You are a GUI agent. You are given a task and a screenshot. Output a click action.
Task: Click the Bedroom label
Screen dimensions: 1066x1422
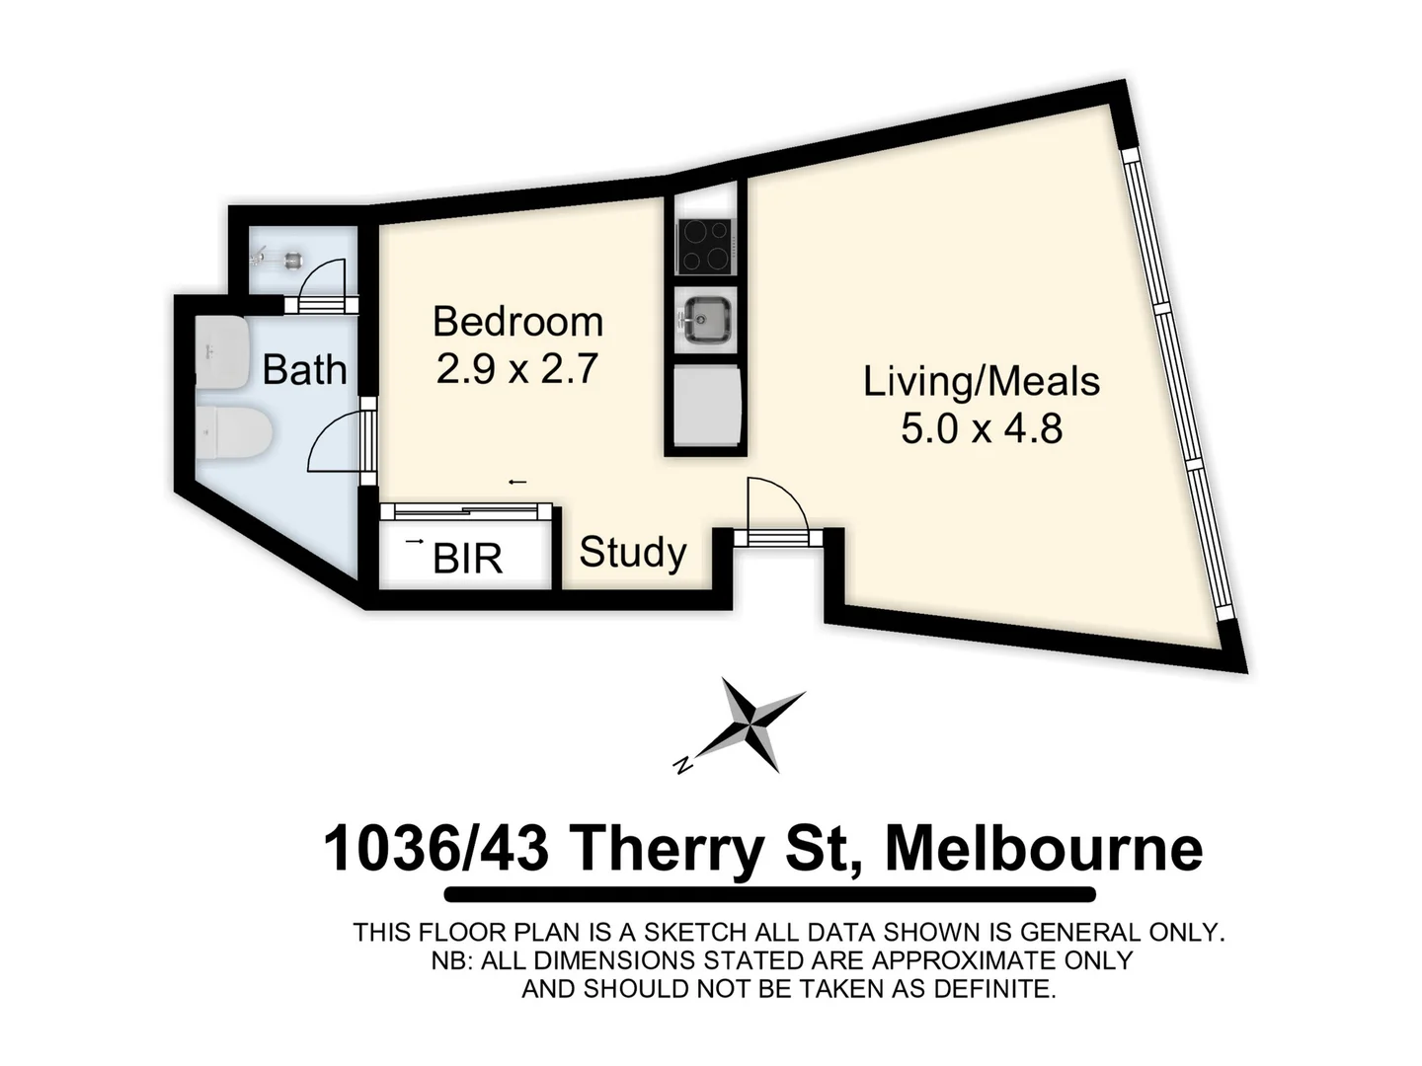pos(517,322)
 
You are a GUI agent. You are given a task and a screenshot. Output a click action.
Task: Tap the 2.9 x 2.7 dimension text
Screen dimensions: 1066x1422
pos(517,369)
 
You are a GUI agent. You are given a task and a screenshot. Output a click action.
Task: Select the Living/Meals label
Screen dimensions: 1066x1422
pos(981,381)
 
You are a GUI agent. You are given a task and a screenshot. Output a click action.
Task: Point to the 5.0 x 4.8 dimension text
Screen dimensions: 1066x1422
pos(981,428)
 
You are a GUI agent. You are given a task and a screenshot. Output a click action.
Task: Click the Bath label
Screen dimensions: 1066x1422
pos(304,370)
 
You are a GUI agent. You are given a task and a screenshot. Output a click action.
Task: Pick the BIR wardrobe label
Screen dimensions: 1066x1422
pos(468,559)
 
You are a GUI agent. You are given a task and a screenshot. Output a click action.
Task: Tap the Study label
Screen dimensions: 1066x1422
pos(632,552)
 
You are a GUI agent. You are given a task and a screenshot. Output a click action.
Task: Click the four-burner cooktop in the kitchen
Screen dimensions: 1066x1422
pos(704,245)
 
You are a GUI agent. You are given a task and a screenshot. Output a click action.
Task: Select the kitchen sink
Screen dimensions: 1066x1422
pos(705,318)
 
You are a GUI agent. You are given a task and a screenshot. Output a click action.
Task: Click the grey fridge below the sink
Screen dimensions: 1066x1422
pos(705,405)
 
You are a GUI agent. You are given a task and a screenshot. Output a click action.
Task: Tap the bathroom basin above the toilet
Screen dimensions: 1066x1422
pos(221,351)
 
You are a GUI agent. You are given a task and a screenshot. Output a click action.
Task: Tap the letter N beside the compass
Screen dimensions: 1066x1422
pos(681,764)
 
